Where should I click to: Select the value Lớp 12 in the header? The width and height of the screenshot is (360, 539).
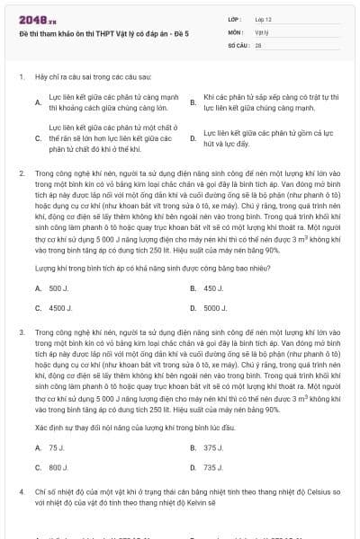tap(263, 19)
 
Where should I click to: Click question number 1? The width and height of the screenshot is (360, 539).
tap(21, 77)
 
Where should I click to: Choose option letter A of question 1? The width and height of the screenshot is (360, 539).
tap(38, 102)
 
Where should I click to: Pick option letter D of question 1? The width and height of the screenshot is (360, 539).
tap(193, 138)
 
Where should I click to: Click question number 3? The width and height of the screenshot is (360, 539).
tap(21, 331)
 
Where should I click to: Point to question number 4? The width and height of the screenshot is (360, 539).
tap(21, 493)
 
